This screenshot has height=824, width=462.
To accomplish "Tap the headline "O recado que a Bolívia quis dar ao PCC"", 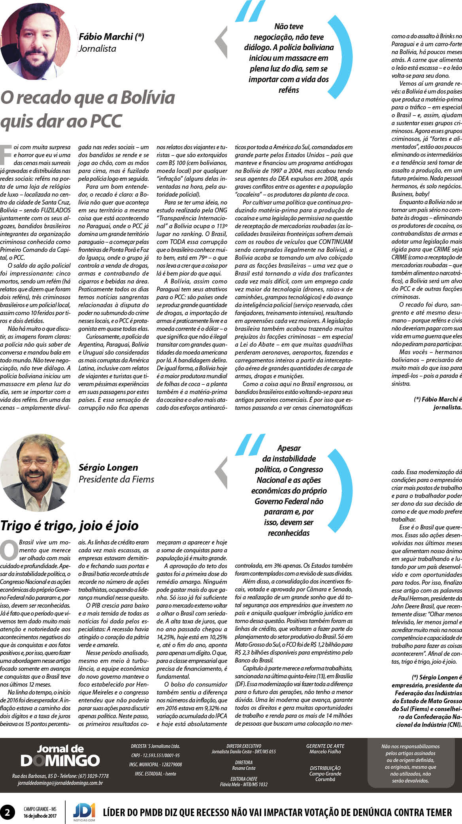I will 87,109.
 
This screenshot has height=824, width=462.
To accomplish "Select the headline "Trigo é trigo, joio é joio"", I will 70,526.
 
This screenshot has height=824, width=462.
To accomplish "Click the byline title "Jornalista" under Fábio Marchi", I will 97,49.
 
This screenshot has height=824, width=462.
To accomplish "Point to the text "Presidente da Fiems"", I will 116,479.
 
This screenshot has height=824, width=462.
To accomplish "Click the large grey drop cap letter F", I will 6,155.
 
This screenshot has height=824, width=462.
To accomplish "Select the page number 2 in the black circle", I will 8,812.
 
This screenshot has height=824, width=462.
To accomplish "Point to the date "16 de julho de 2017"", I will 40,816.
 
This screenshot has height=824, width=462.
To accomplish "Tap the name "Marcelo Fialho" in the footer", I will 325,751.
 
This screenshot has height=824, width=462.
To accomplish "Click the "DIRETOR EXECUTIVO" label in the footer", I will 243,746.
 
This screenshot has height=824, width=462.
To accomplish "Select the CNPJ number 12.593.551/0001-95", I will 155,755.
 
